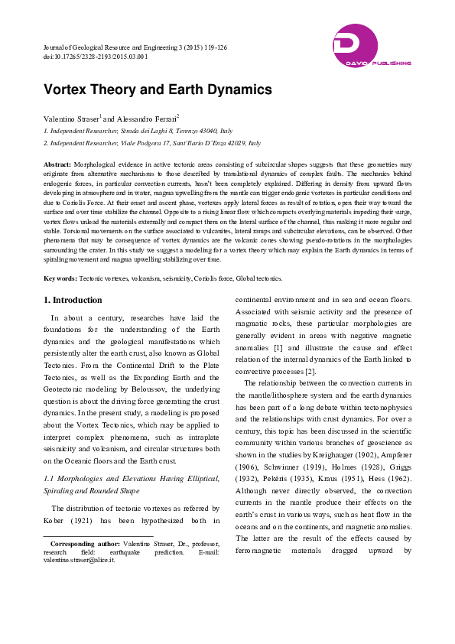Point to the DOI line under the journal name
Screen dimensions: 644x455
(x=96, y=57)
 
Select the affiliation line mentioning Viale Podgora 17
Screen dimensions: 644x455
(x=152, y=143)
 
